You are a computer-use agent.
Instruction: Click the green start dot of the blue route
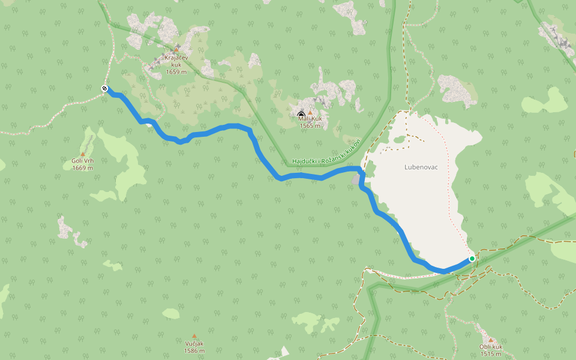[472, 259]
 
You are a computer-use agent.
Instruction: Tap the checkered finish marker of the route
[104, 89]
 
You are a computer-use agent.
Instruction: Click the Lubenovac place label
[421, 167]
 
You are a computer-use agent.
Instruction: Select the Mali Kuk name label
[310, 119]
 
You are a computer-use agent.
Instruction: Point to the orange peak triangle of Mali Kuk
[310, 112]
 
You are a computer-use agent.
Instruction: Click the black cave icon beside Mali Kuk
[301, 114]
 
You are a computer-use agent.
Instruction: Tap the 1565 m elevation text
[310, 125]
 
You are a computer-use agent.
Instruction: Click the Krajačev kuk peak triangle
[176, 49]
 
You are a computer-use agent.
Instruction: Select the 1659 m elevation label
[176, 71]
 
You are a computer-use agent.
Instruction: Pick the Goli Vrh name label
[83, 161]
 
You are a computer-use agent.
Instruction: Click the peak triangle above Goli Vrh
[83, 154]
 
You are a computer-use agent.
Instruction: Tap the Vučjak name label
[194, 343]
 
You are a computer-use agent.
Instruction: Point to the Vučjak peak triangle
[194, 336]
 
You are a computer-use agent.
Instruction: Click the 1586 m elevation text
[194, 350]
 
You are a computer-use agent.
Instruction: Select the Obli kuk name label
[490, 347]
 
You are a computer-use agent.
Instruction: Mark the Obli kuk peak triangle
[490, 340]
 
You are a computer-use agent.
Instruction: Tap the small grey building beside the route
[356, 179]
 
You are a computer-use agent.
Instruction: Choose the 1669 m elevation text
[83, 168]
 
